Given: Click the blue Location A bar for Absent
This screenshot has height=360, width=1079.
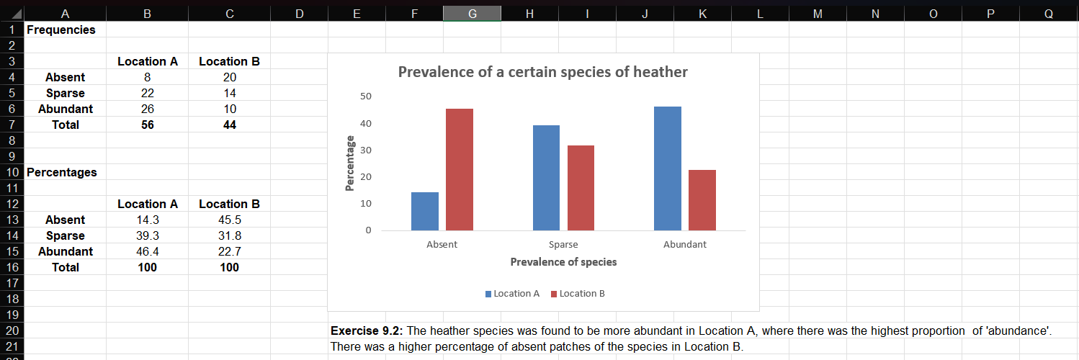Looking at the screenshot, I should [425, 212].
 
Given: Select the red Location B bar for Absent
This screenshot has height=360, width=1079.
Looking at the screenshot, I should [460, 170].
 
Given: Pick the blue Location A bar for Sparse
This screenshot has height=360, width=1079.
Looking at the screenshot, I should [546, 178].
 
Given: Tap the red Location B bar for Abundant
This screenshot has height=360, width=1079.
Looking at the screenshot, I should [702, 200].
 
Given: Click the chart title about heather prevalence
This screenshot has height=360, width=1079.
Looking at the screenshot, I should [542, 72].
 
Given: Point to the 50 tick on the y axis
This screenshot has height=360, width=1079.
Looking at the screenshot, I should [367, 96].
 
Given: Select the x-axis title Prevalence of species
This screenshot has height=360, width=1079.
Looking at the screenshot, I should [563, 262].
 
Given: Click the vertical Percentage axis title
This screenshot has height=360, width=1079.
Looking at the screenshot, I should [350, 163].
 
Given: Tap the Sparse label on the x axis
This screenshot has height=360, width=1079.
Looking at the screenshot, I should [563, 245].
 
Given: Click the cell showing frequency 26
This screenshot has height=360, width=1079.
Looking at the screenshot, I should [148, 109].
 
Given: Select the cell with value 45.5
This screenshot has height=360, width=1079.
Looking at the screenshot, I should [229, 220].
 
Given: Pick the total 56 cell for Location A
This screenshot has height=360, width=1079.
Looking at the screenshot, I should [148, 125].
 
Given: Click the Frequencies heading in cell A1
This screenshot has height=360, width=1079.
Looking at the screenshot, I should [61, 30].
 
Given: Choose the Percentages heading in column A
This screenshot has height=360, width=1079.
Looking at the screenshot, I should [62, 172].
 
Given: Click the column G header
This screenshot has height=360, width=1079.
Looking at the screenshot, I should [472, 13].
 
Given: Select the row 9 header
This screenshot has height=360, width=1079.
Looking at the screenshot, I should [12, 156].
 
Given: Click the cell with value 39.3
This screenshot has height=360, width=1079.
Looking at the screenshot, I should [148, 235].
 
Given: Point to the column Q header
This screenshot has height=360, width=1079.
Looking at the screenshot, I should [1048, 13].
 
